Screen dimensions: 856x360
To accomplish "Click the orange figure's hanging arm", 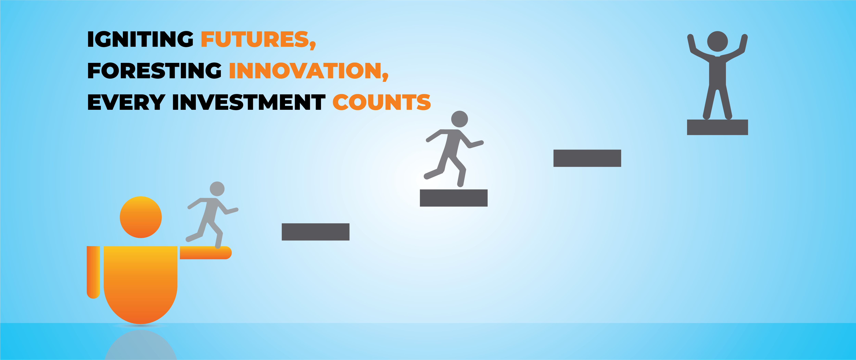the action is coord(93,272).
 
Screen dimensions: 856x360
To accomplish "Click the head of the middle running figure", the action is coord(460,119).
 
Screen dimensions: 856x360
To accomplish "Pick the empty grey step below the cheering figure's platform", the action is coord(587,158).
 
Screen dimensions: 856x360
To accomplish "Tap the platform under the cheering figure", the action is coord(717,127).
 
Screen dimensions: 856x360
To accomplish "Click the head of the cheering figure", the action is coord(717,42).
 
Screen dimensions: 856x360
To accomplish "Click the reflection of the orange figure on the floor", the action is coord(141,346).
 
